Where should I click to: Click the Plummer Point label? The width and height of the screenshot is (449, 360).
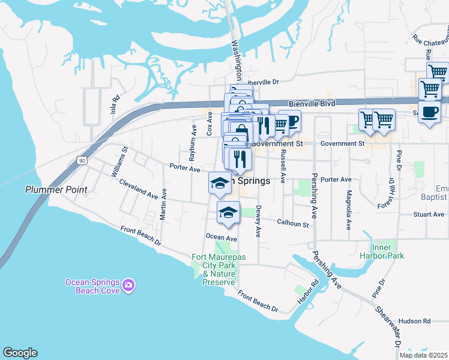click(x=56, y=190)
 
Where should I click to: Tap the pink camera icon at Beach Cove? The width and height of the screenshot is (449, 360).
click(x=128, y=286)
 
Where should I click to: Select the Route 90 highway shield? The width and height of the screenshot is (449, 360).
click(x=82, y=160)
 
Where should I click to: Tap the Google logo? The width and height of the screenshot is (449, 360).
click(x=20, y=353)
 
